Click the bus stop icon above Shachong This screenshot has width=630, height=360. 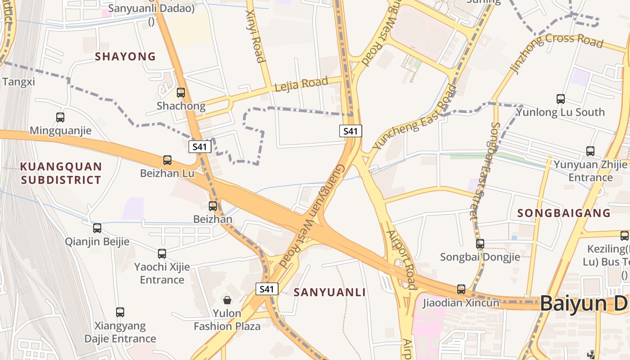pos(181,93)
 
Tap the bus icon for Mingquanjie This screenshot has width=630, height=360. pos(60,117)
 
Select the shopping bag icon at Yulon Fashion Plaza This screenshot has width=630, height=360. pos(227,300)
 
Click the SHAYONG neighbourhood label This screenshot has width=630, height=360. pos(126,57)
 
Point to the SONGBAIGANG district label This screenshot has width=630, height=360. pos(564,213)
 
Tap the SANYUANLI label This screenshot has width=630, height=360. pos(330,292)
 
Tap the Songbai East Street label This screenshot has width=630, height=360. pos(484,171)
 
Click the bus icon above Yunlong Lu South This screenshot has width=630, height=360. pos(561,99)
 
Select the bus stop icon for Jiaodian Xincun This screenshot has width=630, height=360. pos(461,289)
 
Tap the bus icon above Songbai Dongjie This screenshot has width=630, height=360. pos(480,244)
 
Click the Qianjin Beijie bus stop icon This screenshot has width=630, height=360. pos(97,228)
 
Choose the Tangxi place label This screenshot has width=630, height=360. pos(18,82)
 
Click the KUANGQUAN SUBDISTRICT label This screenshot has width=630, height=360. pos(61,173)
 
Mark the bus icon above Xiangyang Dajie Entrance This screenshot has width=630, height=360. pos(120,312)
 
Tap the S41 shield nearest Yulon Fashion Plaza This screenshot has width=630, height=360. pos(267,289)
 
